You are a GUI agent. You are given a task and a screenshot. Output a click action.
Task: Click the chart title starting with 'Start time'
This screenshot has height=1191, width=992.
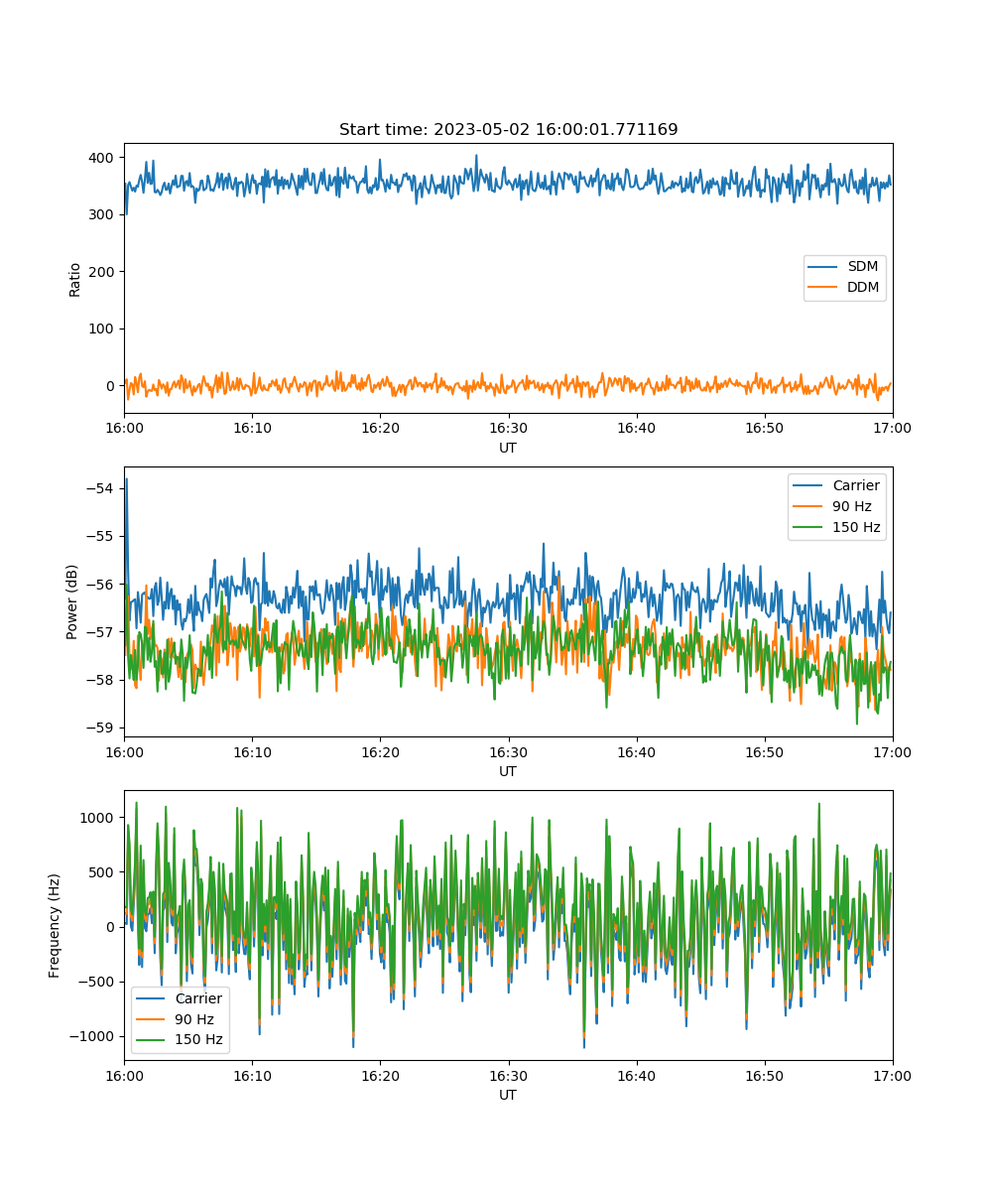tap(508, 129)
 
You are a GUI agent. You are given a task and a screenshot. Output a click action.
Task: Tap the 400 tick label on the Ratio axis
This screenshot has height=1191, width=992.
tap(101, 158)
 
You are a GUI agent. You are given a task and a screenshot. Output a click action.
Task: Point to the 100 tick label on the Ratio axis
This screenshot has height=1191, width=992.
tap(101, 329)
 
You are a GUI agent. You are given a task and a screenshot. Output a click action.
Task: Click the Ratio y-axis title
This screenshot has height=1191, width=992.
tap(74, 280)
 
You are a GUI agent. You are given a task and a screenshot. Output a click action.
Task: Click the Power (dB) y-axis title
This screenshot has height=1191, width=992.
tap(71, 601)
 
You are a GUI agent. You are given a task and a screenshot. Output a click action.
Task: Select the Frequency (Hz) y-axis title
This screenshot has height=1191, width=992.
tap(54, 926)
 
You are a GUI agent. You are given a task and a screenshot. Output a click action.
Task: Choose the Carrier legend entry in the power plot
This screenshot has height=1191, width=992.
tap(836, 485)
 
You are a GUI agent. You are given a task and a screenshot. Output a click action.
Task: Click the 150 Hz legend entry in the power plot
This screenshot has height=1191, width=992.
tap(836, 527)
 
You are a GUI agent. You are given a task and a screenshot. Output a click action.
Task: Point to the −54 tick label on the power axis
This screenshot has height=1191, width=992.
tap(100, 488)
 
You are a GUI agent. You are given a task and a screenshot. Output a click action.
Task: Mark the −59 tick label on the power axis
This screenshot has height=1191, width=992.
tap(100, 728)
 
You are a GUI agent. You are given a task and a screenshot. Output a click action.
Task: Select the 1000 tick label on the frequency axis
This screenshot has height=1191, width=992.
tap(96, 818)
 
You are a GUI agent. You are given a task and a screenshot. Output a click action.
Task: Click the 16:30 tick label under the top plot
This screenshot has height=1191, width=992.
tap(508, 428)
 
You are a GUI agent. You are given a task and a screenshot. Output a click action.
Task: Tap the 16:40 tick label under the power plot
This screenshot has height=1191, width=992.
tap(636, 752)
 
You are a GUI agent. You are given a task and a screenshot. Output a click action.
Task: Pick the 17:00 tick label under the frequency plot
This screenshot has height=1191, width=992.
tap(892, 1076)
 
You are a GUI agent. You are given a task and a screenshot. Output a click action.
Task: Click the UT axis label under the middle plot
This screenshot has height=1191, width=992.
tap(507, 772)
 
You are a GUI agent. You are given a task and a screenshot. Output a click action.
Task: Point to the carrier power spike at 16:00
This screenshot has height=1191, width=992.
tap(127, 479)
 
